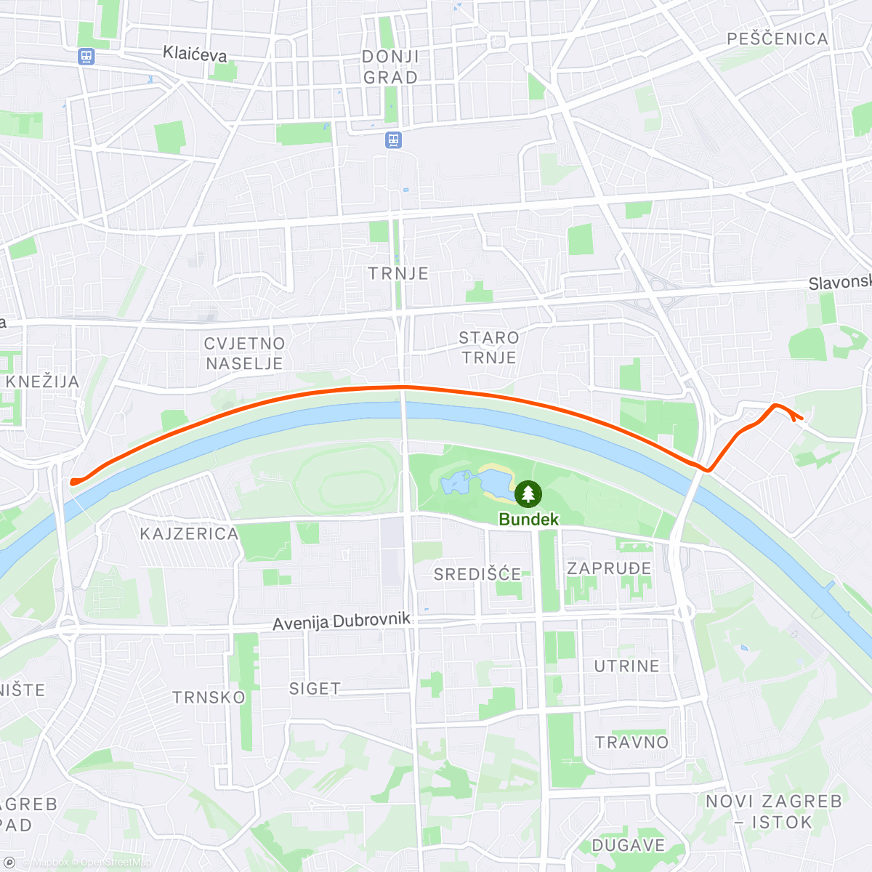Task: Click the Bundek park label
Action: (528, 520)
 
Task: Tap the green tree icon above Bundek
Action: (528, 494)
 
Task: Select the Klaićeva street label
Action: (195, 54)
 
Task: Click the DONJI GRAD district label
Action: (390, 67)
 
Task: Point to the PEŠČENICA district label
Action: (778, 39)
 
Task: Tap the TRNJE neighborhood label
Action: (398, 274)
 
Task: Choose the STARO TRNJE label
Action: (489, 347)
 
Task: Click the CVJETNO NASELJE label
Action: (244, 353)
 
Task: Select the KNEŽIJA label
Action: (42, 382)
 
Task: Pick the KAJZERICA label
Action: (189, 534)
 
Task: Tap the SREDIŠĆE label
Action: (477, 575)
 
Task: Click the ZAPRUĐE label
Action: (609, 568)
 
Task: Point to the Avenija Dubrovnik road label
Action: (342, 622)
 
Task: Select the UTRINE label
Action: (626, 666)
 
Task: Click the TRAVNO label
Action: (631, 743)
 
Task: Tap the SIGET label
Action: (315, 689)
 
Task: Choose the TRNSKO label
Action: (209, 698)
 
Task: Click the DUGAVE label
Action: (629, 846)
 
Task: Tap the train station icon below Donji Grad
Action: (393, 140)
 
